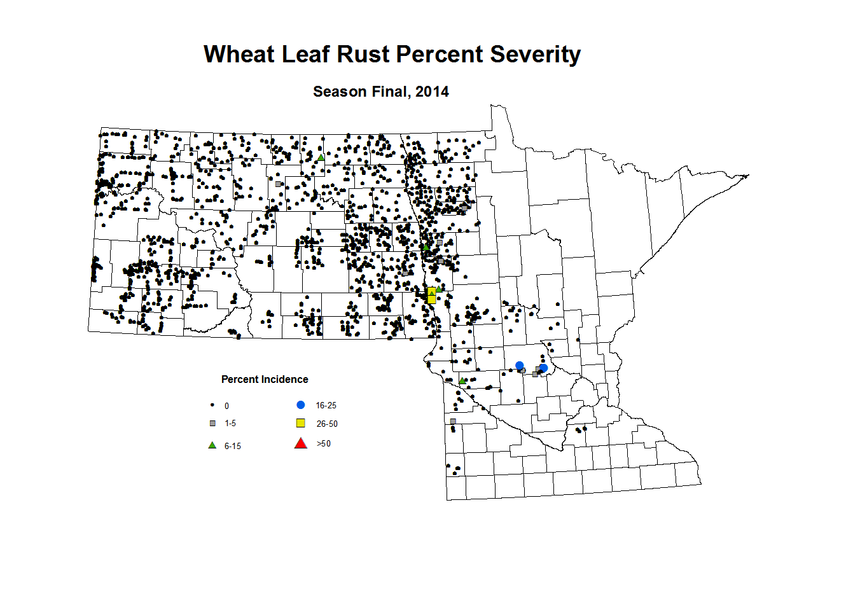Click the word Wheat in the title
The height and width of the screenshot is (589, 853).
[239, 55]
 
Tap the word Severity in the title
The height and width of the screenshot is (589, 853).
[535, 55]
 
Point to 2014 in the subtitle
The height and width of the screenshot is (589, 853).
[432, 92]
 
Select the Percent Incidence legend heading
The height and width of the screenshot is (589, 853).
[265, 379]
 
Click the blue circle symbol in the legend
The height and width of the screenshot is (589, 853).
[301, 405]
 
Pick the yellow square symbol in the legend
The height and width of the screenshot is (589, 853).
[301, 423]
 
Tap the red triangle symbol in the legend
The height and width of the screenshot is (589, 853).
[301, 443]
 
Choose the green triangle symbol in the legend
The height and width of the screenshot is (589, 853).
[212, 445]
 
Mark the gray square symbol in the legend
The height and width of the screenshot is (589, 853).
[212, 423]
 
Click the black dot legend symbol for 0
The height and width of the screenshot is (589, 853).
[212, 405]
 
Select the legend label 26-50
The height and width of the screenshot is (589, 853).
[327, 424]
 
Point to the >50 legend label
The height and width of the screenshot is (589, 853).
[324, 444]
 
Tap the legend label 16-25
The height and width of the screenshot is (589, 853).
[326, 405]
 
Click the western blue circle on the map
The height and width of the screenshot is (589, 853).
[520, 365]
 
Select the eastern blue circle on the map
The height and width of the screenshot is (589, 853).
[543, 368]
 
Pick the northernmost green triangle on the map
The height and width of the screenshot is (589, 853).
[321, 157]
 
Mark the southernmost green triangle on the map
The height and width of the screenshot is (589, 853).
[462, 381]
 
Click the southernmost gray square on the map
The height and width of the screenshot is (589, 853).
[453, 421]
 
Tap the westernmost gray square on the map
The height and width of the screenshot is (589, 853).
[278, 184]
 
